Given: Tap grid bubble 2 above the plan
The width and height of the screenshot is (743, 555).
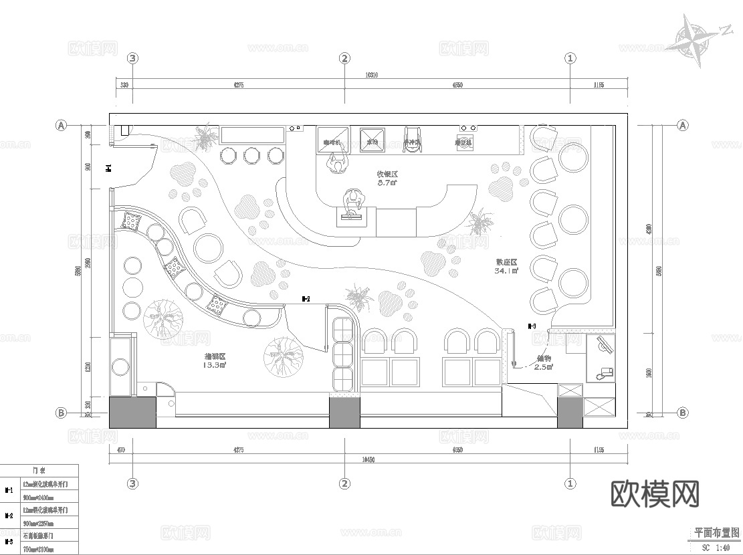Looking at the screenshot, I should [x=344, y=58].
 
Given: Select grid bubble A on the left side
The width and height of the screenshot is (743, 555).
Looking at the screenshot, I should [x=61, y=125].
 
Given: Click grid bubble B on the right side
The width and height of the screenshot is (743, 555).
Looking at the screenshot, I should [x=683, y=413].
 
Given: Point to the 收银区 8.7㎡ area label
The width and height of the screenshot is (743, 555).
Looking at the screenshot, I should [x=387, y=178].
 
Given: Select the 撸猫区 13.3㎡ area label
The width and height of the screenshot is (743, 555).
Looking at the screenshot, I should [x=215, y=361].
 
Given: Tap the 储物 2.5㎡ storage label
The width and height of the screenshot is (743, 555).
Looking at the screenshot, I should [x=543, y=362].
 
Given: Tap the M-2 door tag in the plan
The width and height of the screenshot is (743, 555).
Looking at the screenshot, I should [x=305, y=299].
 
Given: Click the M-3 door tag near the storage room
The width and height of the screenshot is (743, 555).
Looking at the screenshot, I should [x=532, y=326].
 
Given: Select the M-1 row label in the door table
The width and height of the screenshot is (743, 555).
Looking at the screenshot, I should [x=9, y=490].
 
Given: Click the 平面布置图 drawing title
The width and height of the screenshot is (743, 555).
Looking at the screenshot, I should [x=716, y=533].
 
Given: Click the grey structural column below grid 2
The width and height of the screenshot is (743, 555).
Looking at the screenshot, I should [x=344, y=413].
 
